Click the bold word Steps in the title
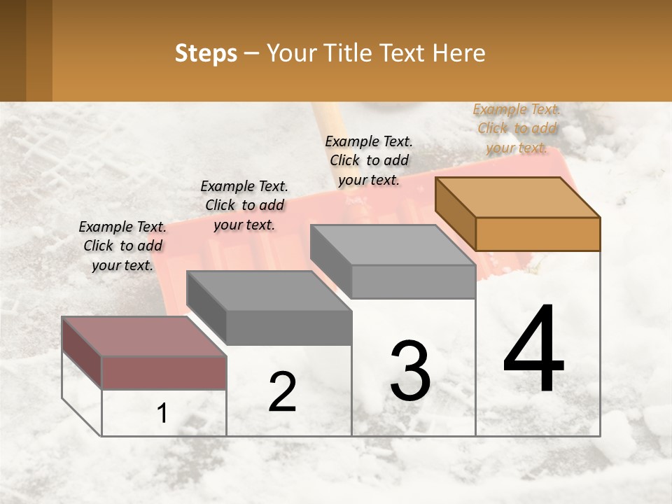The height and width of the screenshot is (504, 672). click(x=206, y=53)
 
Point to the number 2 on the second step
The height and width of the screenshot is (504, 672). click(x=283, y=392)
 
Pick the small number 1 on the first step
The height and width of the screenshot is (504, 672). click(x=162, y=414)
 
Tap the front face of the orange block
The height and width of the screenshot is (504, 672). click(x=538, y=234)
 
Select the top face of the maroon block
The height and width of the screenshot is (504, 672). click(x=143, y=336)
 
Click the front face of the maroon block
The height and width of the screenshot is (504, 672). click(x=164, y=372)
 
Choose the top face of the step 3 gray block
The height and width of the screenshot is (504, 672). click(x=392, y=245)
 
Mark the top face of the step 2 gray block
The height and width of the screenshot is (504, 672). click(x=269, y=290)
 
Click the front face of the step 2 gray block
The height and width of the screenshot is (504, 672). click(x=288, y=328)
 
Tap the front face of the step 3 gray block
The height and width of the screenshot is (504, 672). click(x=413, y=281)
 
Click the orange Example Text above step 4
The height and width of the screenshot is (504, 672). click(x=517, y=128)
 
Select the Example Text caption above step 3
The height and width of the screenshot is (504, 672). click(x=369, y=160)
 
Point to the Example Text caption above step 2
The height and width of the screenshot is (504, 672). click(x=244, y=205)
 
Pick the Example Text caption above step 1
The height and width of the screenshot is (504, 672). click(x=122, y=246)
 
